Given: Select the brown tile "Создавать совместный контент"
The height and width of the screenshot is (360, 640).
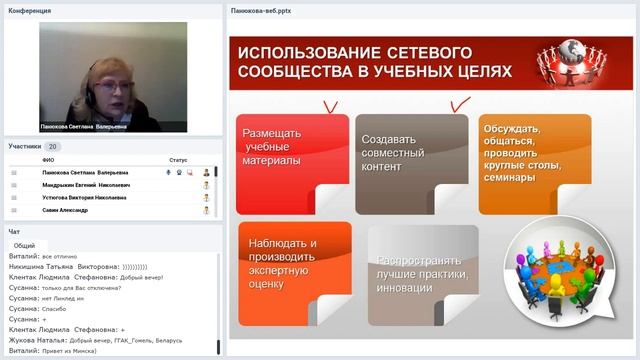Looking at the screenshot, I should pyautogui.click(x=410, y=162).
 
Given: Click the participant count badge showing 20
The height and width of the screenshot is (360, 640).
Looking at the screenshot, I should pyautogui.click(x=53, y=146).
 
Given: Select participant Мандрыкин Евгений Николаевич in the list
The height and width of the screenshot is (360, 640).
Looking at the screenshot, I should pyautogui.click(x=85, y=185).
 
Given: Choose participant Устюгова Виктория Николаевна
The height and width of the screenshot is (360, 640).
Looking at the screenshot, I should pyautogui.click(x=84, y=198).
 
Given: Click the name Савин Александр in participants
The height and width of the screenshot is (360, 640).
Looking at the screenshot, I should pyautogui.click(x=65, y=211).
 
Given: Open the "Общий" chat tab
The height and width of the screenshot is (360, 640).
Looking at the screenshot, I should pyautogui.click(x=25, y=245).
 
